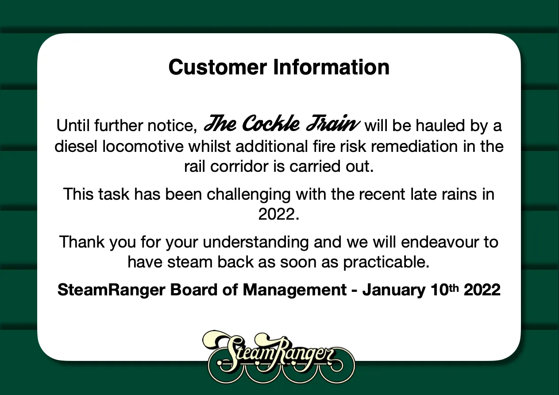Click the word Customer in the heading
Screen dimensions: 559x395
tap(218, 67)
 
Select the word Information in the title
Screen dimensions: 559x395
tap(332, 67)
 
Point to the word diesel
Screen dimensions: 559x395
tap(76, 146)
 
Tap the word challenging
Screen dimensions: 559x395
tap(249, 195)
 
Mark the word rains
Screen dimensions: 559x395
tap(459, 194)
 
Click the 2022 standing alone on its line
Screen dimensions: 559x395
tap(278, 214)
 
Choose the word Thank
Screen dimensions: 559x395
tap(81, 242)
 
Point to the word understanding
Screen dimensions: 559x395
tap(255, 242)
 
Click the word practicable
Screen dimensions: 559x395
tap(386, 263)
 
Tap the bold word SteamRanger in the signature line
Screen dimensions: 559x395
tap(111, 290)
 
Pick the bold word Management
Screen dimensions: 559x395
tap(295, 290)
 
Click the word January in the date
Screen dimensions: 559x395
tap(394, 290)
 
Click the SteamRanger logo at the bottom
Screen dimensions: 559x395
tap(278, 357)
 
